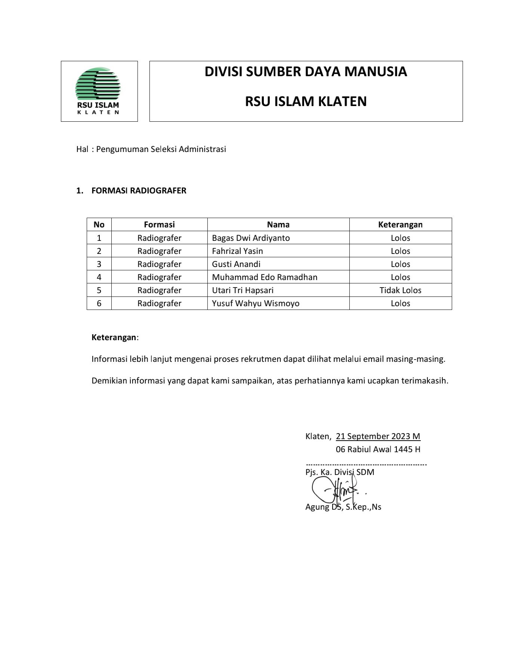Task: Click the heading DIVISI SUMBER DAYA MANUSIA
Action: (x=305, y=72)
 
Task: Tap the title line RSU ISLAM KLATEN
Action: (x=305, y=102)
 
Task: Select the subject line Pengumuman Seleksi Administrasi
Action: (x=161, y=149)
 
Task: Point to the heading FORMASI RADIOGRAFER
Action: (x=139, y=191)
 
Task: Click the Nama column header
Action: (x=278, y=224)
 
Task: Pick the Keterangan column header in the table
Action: (x=400, y=224)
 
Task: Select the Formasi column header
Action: (x=159, y=224)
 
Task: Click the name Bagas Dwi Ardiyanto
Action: (x=251, y=238)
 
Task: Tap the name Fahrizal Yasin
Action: (x=237, y=251)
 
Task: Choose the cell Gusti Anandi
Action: (x=236, y=264)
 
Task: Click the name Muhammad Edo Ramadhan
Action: (x=265, y=277)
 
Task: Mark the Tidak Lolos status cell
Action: (x=400, y=290)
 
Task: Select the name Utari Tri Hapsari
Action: (x=242, y=290)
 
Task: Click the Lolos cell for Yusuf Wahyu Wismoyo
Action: (x=400, y=303)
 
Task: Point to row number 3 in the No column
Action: (x=99, y=264)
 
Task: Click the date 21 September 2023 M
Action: (x=378, y=436)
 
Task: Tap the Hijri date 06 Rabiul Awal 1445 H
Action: (x=378, y=449)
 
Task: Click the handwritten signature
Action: (x=336, y=490)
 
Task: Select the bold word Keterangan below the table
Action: (x=114, y=338)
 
